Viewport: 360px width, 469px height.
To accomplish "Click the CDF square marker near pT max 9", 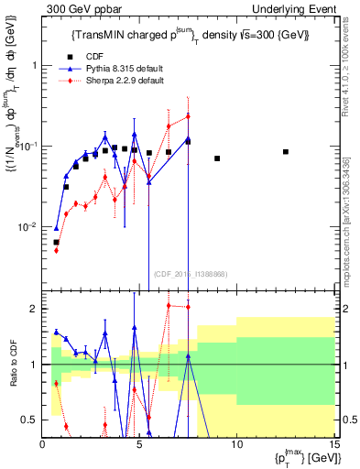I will (217, 158).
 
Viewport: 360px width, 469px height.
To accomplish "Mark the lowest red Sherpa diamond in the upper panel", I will (56, 250).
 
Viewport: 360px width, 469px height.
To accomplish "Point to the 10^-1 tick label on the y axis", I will (28, 146).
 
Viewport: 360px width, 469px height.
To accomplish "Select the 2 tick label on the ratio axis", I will (35, 309).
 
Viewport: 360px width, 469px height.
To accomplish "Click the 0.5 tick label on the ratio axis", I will (30, 420).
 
